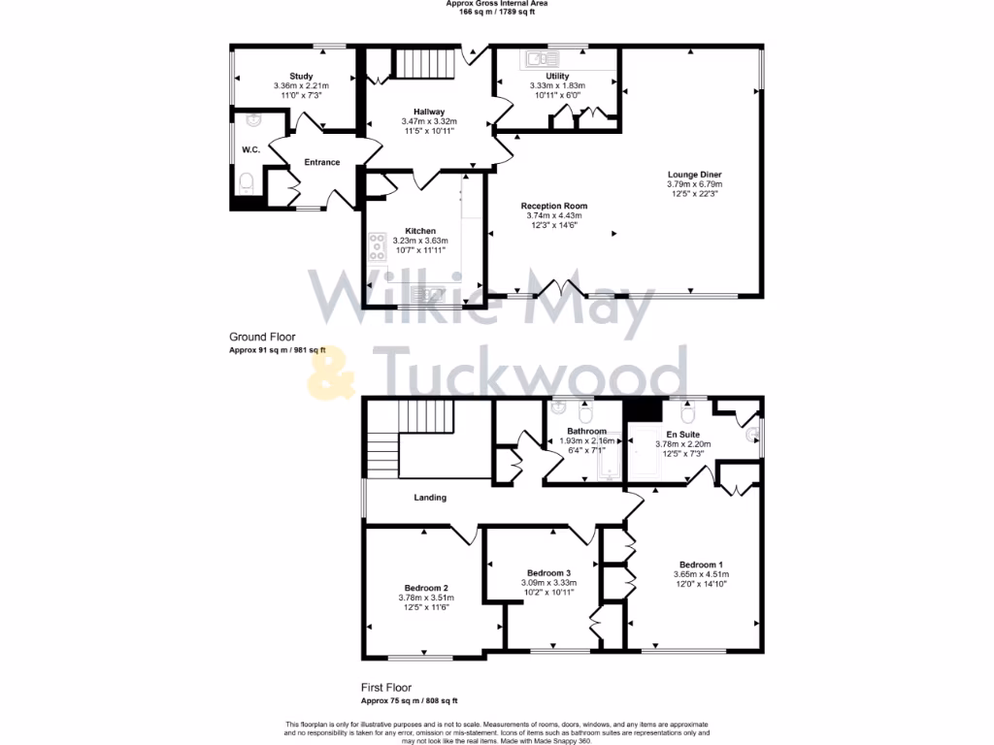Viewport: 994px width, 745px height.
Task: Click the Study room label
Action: coord(301,76)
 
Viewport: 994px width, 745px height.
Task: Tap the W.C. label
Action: coord(250,150)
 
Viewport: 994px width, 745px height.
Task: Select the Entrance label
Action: coord(322,162)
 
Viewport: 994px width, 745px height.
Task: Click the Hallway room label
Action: coord(428,112)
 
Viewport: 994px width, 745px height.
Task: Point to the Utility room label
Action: coord(557,76)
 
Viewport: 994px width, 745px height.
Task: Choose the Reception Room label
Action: coord(553,206)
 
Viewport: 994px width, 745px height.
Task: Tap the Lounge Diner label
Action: coord(694,175)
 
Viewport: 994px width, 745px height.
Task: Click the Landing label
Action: coord(430,498)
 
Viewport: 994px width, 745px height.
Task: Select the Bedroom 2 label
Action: coord(426,588)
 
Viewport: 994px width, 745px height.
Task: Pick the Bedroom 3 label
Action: coord(548,572)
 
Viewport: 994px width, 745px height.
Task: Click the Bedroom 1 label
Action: coord(701,565)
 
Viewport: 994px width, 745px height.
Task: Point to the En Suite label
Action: coord(683,435)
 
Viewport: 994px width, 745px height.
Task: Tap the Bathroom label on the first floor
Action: coord(586,432)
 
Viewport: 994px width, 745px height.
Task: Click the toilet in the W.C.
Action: coord(247,181)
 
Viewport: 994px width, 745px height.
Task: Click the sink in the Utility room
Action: coord(536,59)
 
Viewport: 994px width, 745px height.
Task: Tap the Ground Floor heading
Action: coord(262,337)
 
